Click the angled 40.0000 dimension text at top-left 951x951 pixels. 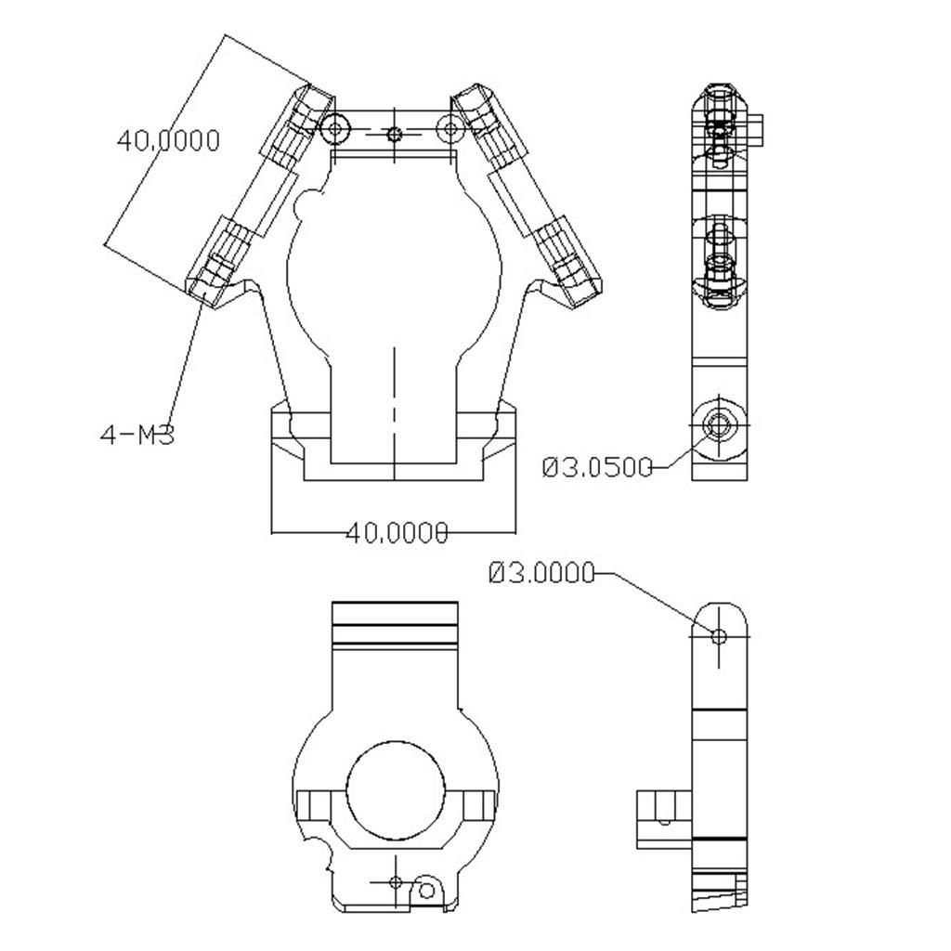click(x=168, y=140)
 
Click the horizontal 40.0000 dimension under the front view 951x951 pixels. click(x=397, y=533)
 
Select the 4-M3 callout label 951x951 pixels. click(x=137, y=434)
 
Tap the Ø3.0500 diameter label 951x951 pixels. click(x=597, y=467)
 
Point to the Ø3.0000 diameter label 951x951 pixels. click(x=541, y=574)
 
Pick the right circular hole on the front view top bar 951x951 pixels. click(x=451, y=129)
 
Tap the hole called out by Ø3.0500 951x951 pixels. click(x=718, y=424)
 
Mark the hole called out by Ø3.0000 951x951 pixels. click(x=718, y=636)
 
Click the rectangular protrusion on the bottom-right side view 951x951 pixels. click(x=663, y=818)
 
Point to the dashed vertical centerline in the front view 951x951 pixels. click(x=395, y=399)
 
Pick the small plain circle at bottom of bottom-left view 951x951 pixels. click(x=426, y=892)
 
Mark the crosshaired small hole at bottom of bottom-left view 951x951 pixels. click(x=395, y=881)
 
